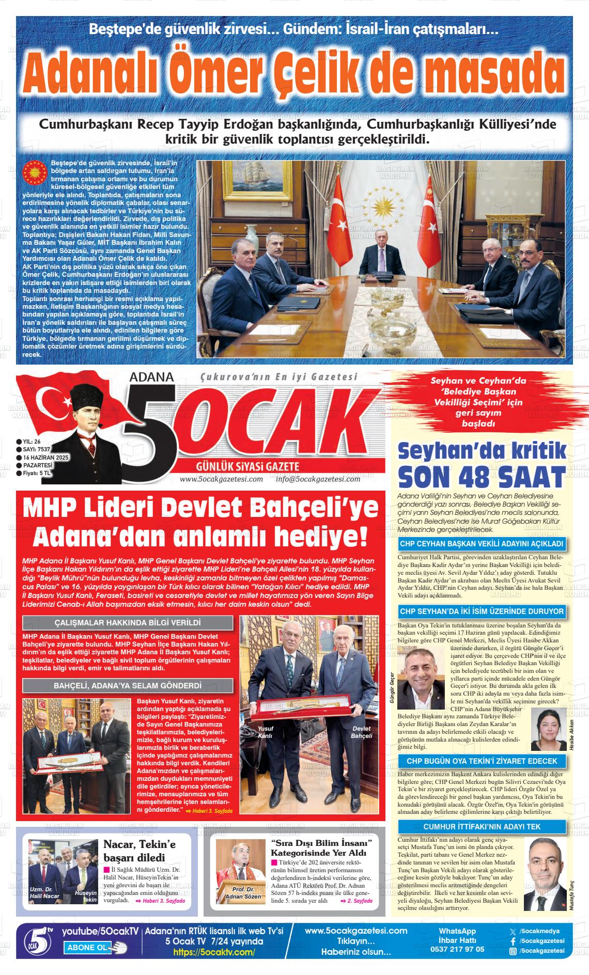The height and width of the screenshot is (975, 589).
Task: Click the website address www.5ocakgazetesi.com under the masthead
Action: pos(221,479)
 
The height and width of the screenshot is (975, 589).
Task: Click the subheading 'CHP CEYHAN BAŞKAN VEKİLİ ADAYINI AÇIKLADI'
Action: pos(482,544)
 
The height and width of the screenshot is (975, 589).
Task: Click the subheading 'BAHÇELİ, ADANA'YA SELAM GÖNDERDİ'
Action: pos(128,686)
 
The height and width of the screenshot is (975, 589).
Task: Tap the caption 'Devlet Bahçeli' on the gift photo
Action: pos(361,732)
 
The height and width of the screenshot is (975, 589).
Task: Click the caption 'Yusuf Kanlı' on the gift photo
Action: pos(265,732)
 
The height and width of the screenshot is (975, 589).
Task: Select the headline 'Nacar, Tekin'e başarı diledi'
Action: pos(141,851)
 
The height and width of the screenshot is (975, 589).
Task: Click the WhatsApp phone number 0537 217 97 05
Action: pos(457,949)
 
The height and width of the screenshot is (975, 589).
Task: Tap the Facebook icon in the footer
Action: pos(513,941)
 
